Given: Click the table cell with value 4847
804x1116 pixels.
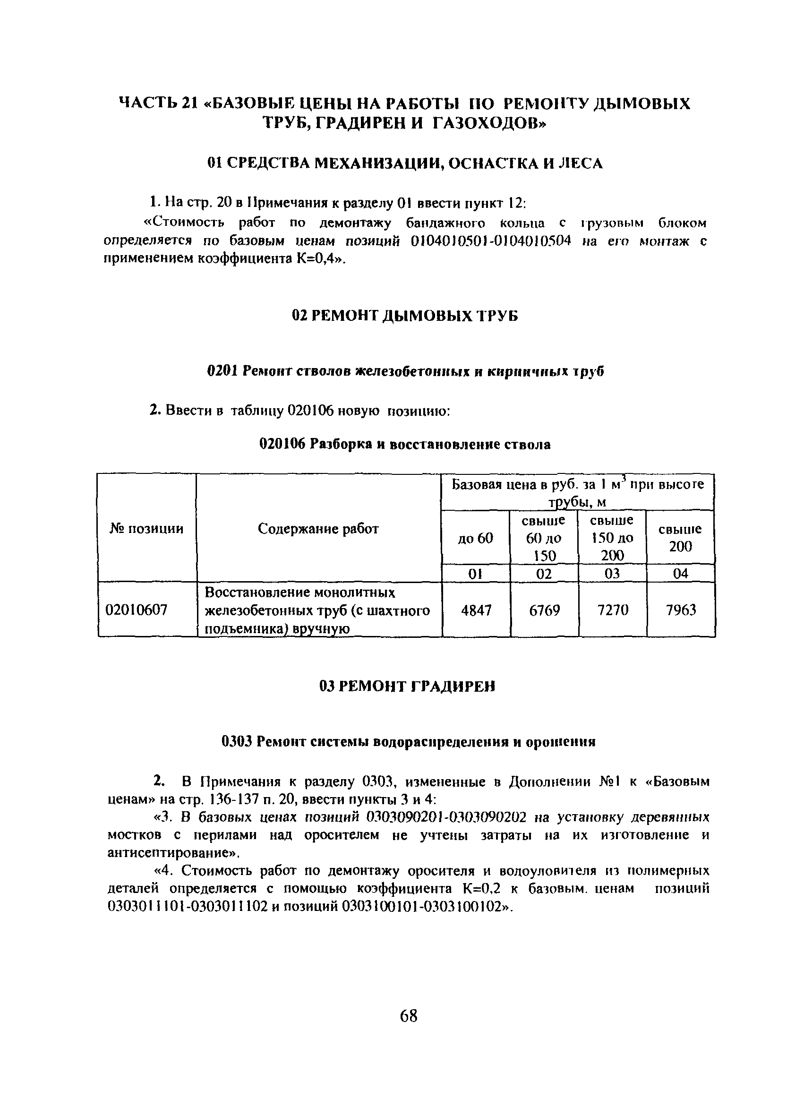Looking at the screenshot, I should (476, 610).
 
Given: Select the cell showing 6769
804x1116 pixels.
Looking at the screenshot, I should (544, 610).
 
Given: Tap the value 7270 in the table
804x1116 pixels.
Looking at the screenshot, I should (612, 610).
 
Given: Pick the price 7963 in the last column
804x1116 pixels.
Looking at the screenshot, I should (681, 610).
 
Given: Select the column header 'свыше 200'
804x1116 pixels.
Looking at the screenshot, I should (681, 538).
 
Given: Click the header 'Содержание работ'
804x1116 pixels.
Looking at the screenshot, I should (318, 529).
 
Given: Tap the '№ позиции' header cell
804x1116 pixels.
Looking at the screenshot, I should (146, 529).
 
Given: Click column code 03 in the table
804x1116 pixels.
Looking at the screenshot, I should (612, 573).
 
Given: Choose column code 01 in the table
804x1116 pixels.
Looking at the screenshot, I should (475, 573).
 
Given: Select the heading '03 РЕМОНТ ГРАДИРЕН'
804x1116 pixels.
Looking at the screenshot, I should (407, 687).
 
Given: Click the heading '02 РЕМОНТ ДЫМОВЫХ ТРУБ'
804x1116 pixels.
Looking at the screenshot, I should (405, 316).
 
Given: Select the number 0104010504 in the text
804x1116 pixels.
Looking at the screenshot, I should (531, 241).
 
